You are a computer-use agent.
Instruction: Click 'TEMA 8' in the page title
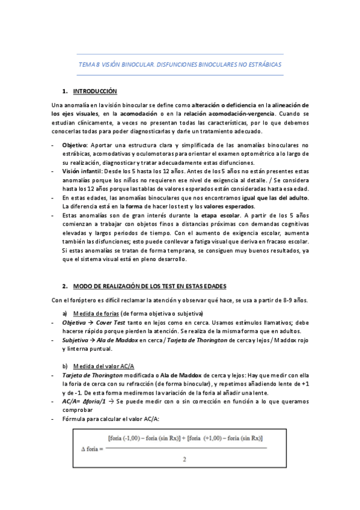coord(88,63)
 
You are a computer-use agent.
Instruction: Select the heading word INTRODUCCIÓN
coord(95,91)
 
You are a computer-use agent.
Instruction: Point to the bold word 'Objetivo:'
coord(75,145)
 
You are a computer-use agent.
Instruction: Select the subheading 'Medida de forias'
coord(96,314)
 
